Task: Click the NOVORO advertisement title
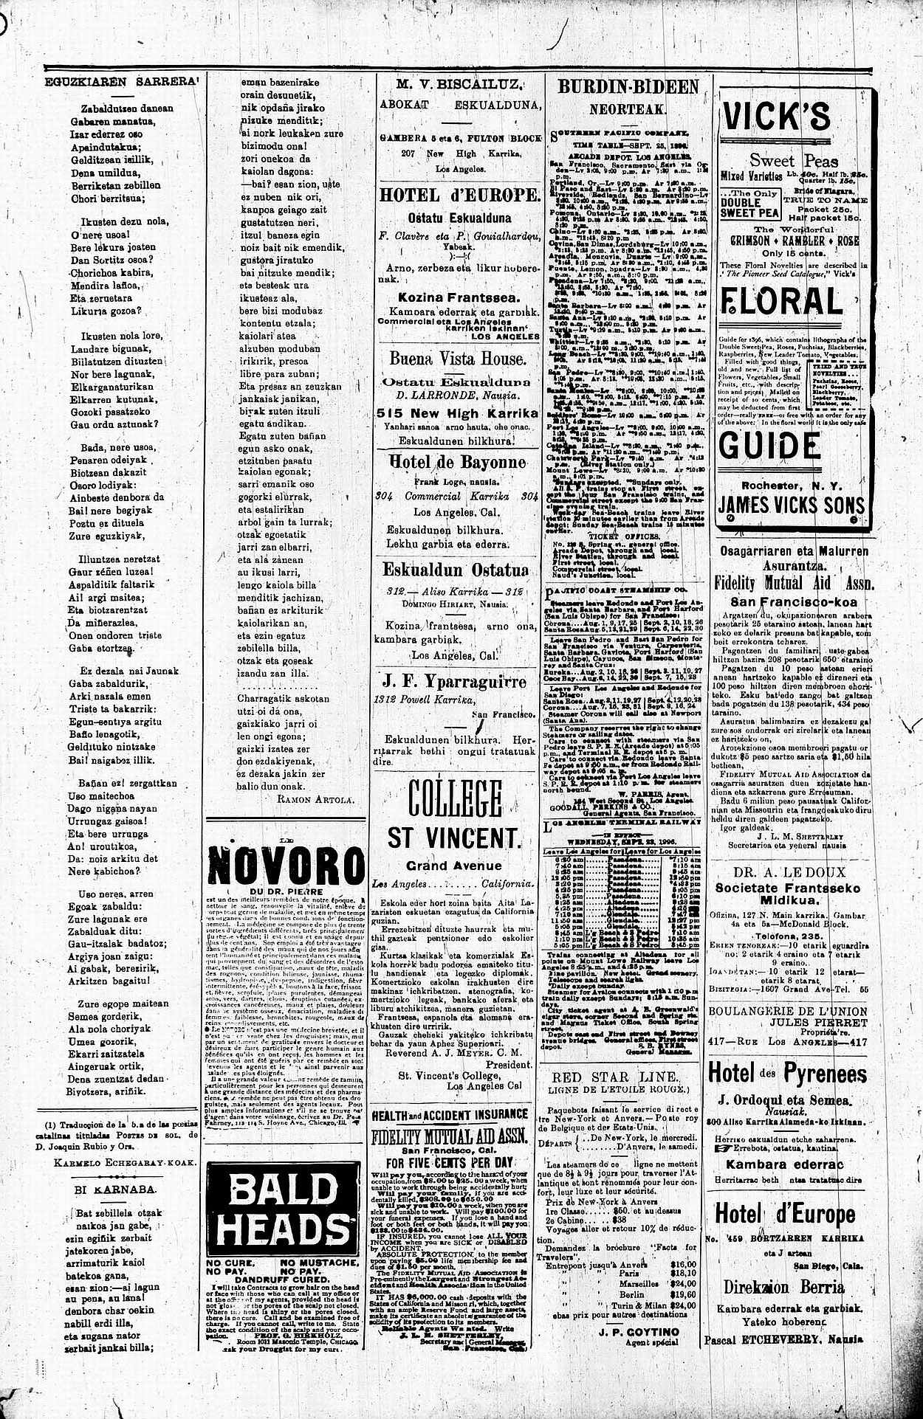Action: click(x=286, y=864)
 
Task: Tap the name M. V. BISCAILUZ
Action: click(x=459, y=85)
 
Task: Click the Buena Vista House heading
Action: click(x=459, y=359)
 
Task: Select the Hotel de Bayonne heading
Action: click(x=459, y=463)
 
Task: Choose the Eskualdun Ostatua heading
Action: click(x=456, y=570)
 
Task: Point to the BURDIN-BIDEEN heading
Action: click(x=628, y=87)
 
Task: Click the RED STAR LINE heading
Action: click(x=615, y=1077)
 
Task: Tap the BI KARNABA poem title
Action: click(x=118, y=1190)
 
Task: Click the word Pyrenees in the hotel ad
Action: click(x=825, y=1073)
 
